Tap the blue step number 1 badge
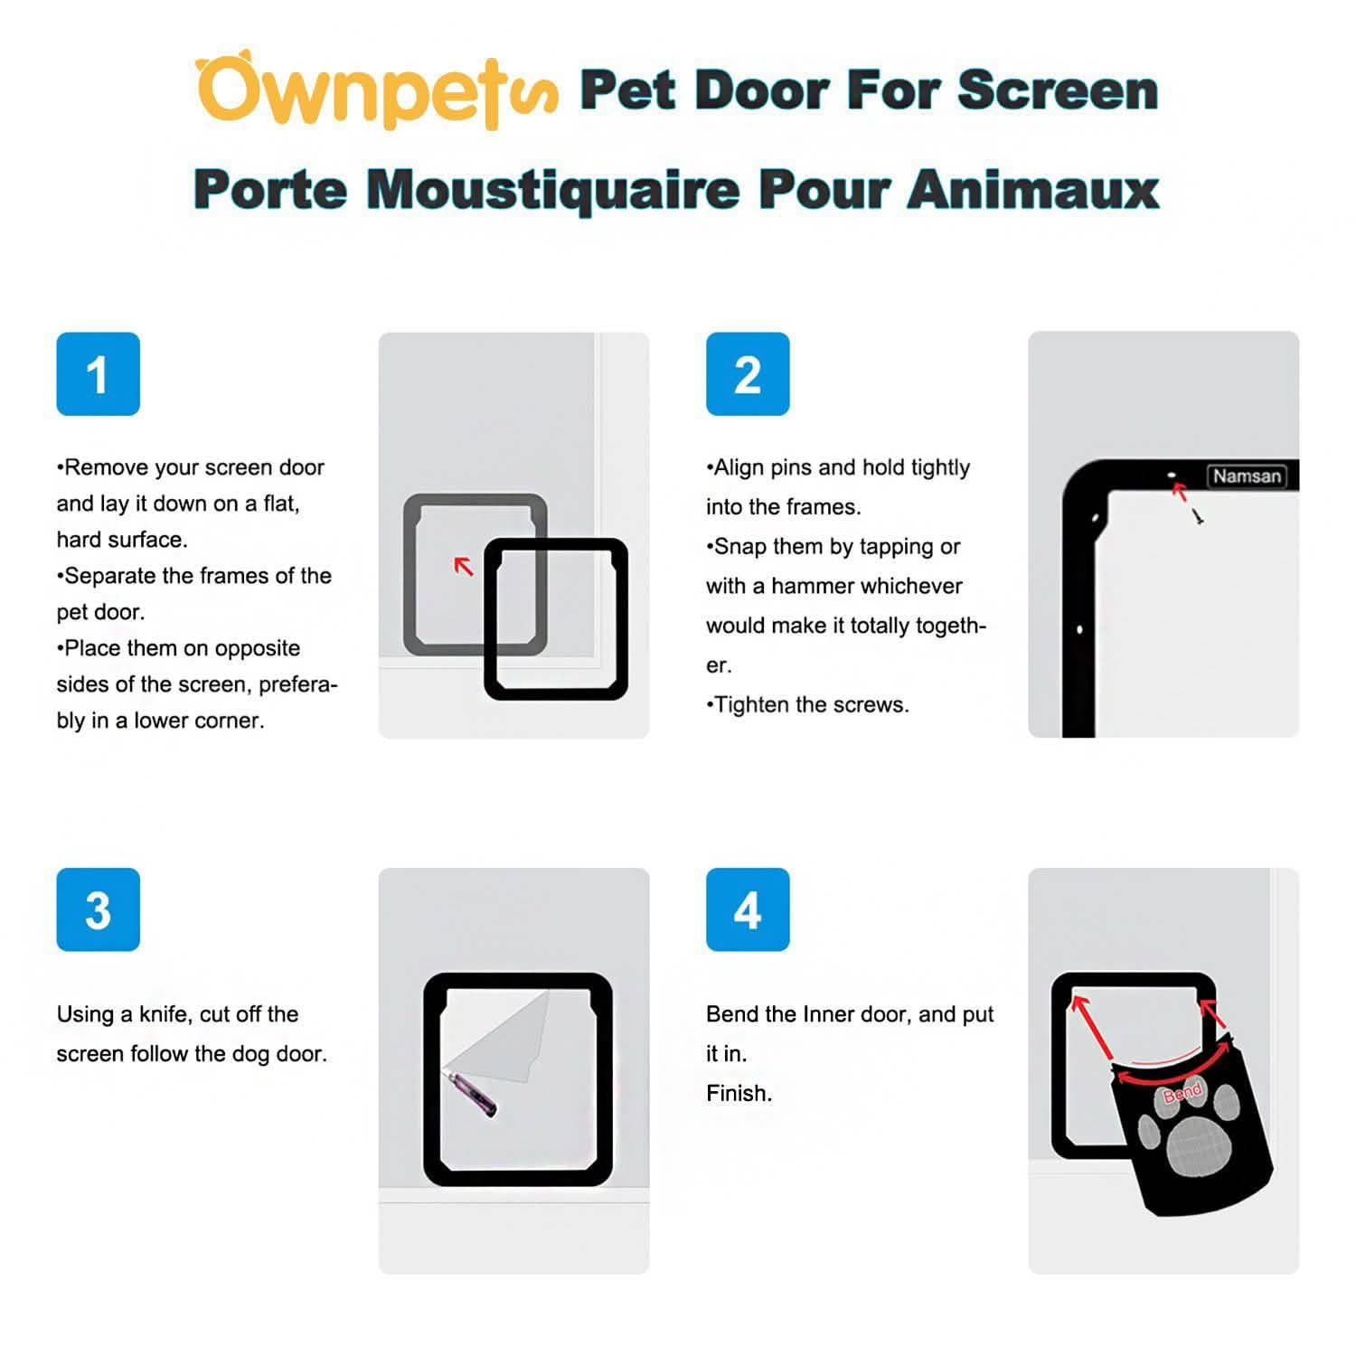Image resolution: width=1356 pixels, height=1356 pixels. click(98, 374)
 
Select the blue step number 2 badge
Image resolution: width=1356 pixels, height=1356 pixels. click(748, 374)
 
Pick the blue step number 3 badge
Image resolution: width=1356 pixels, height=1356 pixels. click(98, 909)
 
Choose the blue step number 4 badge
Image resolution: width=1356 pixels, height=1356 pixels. click(748, 909)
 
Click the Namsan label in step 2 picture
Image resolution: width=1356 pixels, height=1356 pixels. click(1247, 476)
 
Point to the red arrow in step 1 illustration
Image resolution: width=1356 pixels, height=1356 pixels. click(464, 567)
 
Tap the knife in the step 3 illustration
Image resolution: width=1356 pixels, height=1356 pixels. click(474, 1093)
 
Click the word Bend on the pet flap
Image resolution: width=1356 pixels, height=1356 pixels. click(1182, 1093)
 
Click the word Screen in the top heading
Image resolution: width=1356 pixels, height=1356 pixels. click(1057, 90)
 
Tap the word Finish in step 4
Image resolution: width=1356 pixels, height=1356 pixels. click(738, 1093)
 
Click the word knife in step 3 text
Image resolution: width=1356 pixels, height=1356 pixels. click(165, 1014)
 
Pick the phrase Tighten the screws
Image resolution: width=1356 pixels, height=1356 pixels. click(810, 705)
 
